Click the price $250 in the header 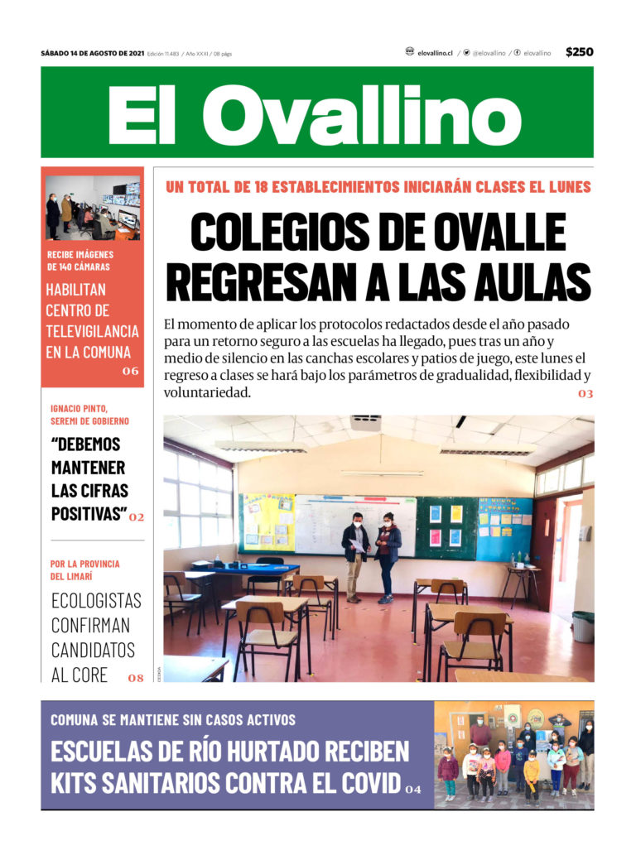click(x=579, y=52)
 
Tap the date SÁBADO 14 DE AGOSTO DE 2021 click(x=93, y=53)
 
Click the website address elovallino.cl click(x=435, y=53)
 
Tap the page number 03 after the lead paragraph click(x=585, y=394)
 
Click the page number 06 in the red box click(x=130, y=371)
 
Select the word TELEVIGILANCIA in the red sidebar click(x=92, y=330)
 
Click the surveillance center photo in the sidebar click(x=93, y=207)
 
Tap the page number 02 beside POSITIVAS click(x=137, y=517)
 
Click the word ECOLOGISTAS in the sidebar click(x=96, y=601)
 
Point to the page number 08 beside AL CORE click(x=136, y=678)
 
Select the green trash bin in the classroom click(x=583, y=626)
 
